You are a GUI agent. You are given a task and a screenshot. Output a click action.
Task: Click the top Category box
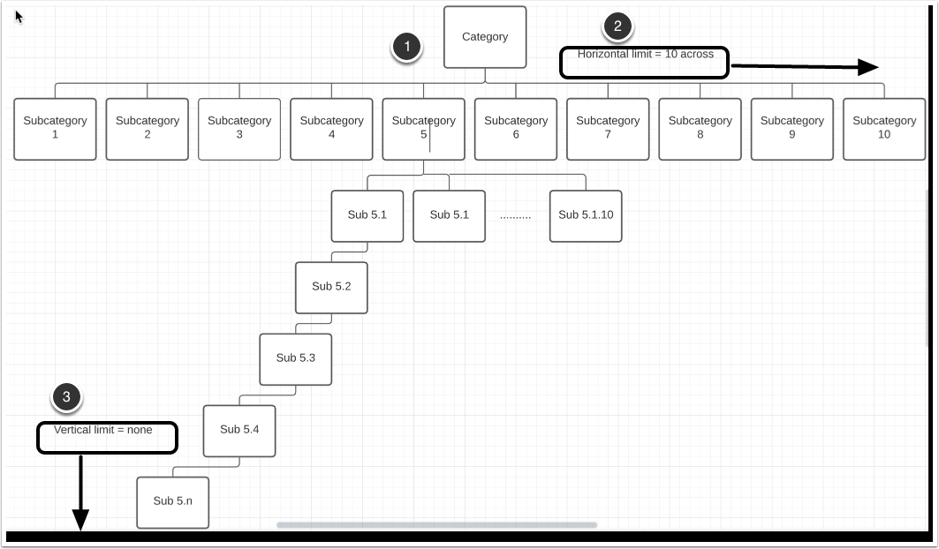pyautogui.click(x=485, y=37)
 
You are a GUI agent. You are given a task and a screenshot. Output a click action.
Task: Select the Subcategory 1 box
pyautogui.click(x=55, y=128)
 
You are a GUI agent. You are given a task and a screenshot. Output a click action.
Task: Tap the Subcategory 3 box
pyautogui.click(x=239, y=128)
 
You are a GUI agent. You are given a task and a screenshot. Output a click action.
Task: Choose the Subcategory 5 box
pyautogui.click(x=424, y=128)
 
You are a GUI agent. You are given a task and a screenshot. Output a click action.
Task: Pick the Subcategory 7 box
pyautogui.click(x=608, y=128)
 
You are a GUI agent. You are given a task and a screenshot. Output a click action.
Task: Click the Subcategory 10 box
pyautogui.click(x=884, y=128)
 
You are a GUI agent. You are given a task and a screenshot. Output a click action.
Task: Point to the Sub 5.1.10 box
pyautogui.click(x=586, y=215)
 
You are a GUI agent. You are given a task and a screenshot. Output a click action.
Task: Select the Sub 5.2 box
pyautogui.click(x=331, y=287)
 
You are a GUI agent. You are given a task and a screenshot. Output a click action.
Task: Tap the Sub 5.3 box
pyautogui.click(x=296, y=358)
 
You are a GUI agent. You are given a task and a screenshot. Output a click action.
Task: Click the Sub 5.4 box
pyautogui.click(x=239, y=430)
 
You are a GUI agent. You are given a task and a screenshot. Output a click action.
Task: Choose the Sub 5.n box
pyautogui.click(x=173, y=501)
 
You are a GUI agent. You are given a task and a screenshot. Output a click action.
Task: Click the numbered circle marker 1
pyautogui.click(x=406, y=48)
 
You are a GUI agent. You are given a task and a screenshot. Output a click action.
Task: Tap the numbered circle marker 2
pyautogui.click(x=617, y=26)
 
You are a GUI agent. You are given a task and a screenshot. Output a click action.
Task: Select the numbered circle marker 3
pyautogui.click(x=66, y=398)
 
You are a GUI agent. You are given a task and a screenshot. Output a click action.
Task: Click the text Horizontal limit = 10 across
pyautogui.click(x=645, y=55)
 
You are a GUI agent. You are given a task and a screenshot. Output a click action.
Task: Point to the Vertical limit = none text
pyautogui.click(x=103, y=431)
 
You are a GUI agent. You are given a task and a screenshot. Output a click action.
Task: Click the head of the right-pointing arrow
pyautogui.click(x=869, y=67)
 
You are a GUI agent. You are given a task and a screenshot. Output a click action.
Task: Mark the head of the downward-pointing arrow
pyautogui.click(x=80, y=522)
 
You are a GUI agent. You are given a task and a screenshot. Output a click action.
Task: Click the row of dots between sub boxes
pyautogui.click(x=515, y=215)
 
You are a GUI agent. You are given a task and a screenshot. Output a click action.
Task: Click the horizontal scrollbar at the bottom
pyautogui.click(x=436, y=525)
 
